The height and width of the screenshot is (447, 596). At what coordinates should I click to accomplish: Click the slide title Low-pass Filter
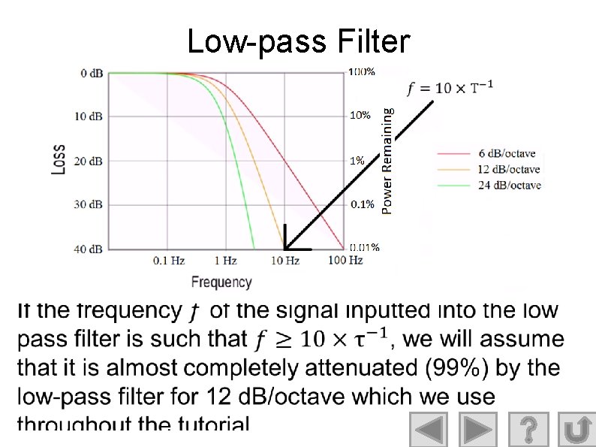point(298,41)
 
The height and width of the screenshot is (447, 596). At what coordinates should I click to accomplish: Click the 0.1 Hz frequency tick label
point(169,261)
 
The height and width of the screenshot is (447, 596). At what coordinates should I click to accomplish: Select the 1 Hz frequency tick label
point(226,261)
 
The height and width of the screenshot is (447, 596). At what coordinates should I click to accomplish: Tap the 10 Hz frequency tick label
point(285,261)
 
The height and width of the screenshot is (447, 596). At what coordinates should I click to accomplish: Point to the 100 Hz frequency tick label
point(345,261)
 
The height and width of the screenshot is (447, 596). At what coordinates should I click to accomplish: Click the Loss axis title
point(58,159)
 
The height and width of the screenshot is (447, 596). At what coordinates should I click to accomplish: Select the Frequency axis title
point(221,282)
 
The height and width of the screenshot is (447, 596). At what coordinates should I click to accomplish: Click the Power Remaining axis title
point(387,159)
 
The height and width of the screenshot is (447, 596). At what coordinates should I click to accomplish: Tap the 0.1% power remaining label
point(363,204)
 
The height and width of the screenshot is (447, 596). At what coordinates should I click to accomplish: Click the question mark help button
point(528,430)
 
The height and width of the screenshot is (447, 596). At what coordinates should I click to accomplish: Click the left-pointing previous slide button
point(428,430)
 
